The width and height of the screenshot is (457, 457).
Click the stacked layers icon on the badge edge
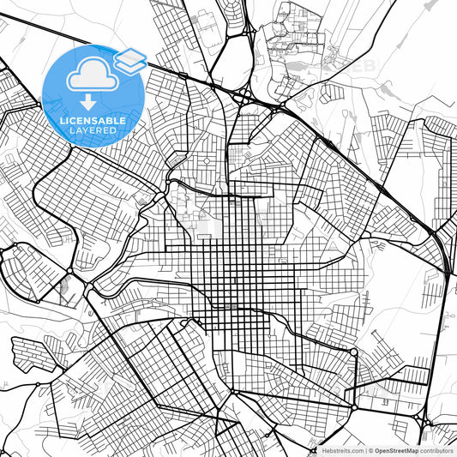point(129,60)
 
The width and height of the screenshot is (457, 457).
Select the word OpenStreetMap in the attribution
point(396,450)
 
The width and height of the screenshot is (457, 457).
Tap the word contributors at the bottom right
point(437,450)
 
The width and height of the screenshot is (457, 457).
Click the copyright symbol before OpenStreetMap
point(370,450)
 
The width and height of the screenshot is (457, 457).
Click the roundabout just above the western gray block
point(69,271)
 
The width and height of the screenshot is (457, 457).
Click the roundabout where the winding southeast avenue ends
point(353,352)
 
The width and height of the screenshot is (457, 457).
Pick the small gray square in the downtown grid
point(233,306)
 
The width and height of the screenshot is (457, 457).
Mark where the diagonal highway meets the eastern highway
point(448,273)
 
